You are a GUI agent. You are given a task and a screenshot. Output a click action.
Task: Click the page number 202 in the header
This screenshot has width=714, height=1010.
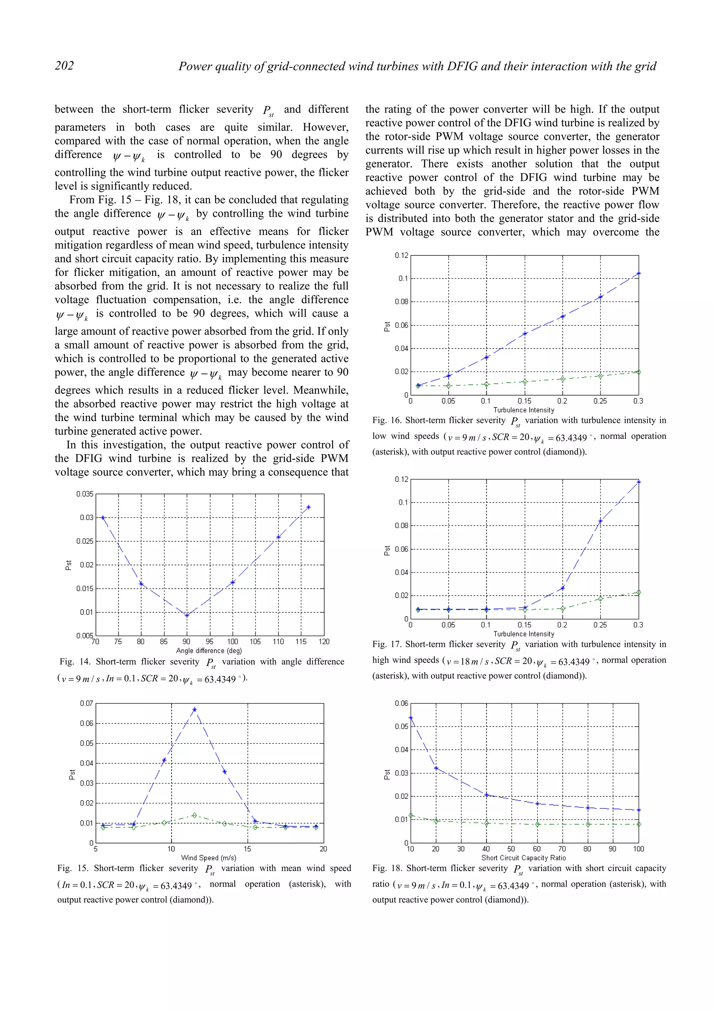pyautogui.click(x=64, y=66)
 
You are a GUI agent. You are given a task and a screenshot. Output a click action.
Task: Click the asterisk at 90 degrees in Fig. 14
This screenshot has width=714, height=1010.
pyautogui.click(x=187, y=615)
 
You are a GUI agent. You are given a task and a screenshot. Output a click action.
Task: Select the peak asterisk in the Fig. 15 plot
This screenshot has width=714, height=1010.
pyautogui.click(x=195, y=710)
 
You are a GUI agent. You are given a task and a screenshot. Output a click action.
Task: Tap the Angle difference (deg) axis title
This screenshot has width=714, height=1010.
pyautogui.click(x=209, y=651)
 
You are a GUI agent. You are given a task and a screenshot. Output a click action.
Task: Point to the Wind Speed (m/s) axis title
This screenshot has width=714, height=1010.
pyautogui.click(x=208, y=857)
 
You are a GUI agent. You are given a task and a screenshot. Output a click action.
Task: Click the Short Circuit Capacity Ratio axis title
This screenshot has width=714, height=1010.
pyautogui.click(x=524, y=857)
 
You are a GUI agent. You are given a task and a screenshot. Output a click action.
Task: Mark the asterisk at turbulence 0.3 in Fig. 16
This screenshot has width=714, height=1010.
pyautogui.click(x=639, y=274)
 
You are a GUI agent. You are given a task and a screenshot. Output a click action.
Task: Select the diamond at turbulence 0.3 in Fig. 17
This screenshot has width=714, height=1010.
pyautogui.click(x=639, y=592)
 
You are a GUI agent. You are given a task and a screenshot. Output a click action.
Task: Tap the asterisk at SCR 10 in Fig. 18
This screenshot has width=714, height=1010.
pyautogui.click(x=411, y=718)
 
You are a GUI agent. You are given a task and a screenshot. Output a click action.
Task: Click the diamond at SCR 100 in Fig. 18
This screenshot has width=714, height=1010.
pyautogui.click(x=639, y=824)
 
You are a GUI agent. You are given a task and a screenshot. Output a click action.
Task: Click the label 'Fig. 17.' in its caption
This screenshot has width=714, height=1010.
pyautogui.click(x=386, y=644)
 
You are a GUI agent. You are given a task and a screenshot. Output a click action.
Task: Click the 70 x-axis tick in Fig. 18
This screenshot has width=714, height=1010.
pyautogui.click(x=562, y=849)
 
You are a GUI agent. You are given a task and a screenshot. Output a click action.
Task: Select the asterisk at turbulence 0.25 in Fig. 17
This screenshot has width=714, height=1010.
pyautogui.click(x=600, y=521)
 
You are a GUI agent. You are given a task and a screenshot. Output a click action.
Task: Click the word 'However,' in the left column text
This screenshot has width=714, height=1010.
pyautogui.click(x=325, y=127)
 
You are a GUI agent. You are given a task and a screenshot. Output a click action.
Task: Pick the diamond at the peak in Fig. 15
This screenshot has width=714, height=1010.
pyautogui.click(x=195, y=816)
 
